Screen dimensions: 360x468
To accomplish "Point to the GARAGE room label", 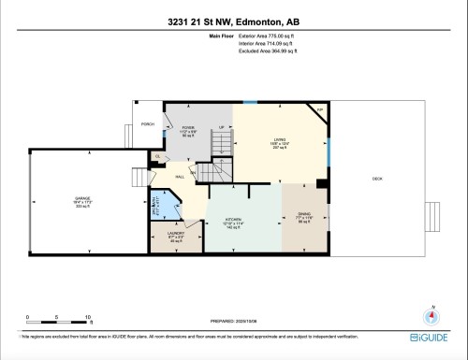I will tap(83, 199).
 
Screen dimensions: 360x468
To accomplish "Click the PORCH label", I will tap(147, 124).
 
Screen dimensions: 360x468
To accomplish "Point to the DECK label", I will tap(378, 178).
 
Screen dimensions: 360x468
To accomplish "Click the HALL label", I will tap(180, 175).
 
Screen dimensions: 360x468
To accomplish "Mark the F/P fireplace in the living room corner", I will tap(319, 110).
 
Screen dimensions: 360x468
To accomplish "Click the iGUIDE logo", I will tap(429, 335).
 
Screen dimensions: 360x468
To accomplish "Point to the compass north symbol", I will tap(432, 315).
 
